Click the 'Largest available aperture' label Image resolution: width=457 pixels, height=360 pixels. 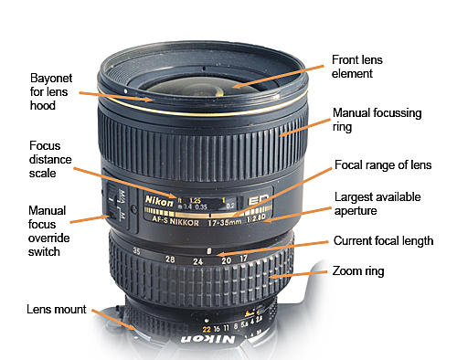tap(373, 204)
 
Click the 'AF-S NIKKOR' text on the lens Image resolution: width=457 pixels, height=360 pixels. tap(174, 219)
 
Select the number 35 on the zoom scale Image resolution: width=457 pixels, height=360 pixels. tap(136, 250)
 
